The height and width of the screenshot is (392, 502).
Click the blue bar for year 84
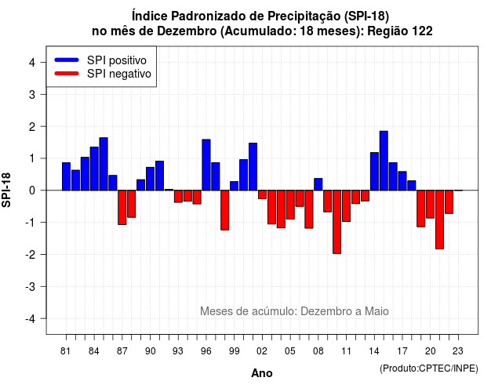pos(94,169)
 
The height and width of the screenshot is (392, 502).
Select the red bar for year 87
pos(122,207)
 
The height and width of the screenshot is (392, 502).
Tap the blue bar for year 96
pos(206,165)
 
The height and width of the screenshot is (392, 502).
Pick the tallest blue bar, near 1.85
pos(384,161)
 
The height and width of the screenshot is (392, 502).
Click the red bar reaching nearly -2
pos(336,222)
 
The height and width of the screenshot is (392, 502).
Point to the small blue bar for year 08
pos(318,184)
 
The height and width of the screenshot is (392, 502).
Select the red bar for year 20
pos(431,204)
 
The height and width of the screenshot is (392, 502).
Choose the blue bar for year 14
pos(374,171)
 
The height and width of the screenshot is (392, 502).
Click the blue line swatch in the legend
pos(67,60)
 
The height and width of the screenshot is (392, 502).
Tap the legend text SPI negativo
pos(119,74)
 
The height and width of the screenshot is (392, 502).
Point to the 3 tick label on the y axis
pos(32,94)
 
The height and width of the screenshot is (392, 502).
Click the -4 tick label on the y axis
pos(31,318)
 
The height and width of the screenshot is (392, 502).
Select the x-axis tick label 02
pos(262,351)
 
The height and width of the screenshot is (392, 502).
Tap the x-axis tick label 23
pos(458,351)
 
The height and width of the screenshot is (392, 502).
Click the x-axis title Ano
pos(262,373)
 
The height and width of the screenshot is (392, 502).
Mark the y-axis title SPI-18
pos(6,190)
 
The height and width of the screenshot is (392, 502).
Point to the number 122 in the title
pos(422,31)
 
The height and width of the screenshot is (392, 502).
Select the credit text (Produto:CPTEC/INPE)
pos(429,368)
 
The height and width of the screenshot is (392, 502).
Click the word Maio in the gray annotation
pos(376,311)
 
